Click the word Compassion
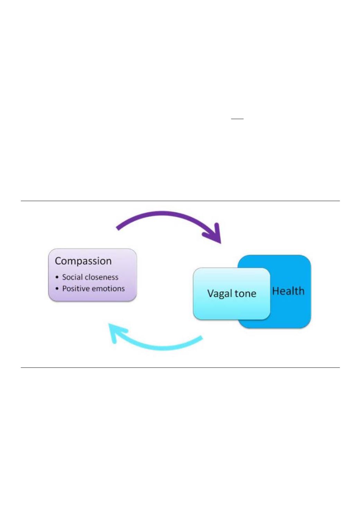[x=83, y=261]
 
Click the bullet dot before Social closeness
[x=57, y=277]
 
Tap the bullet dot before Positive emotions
[x=57, y=289]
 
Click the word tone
[x=245, y=294]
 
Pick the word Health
[x=288, y=291]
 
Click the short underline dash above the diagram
[x=237, y=119]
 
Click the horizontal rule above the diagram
[x=180, y=201]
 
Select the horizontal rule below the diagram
[x=180, y=367]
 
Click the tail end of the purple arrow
[x=117, y=229]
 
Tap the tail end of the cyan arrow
[x=201, y=338]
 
